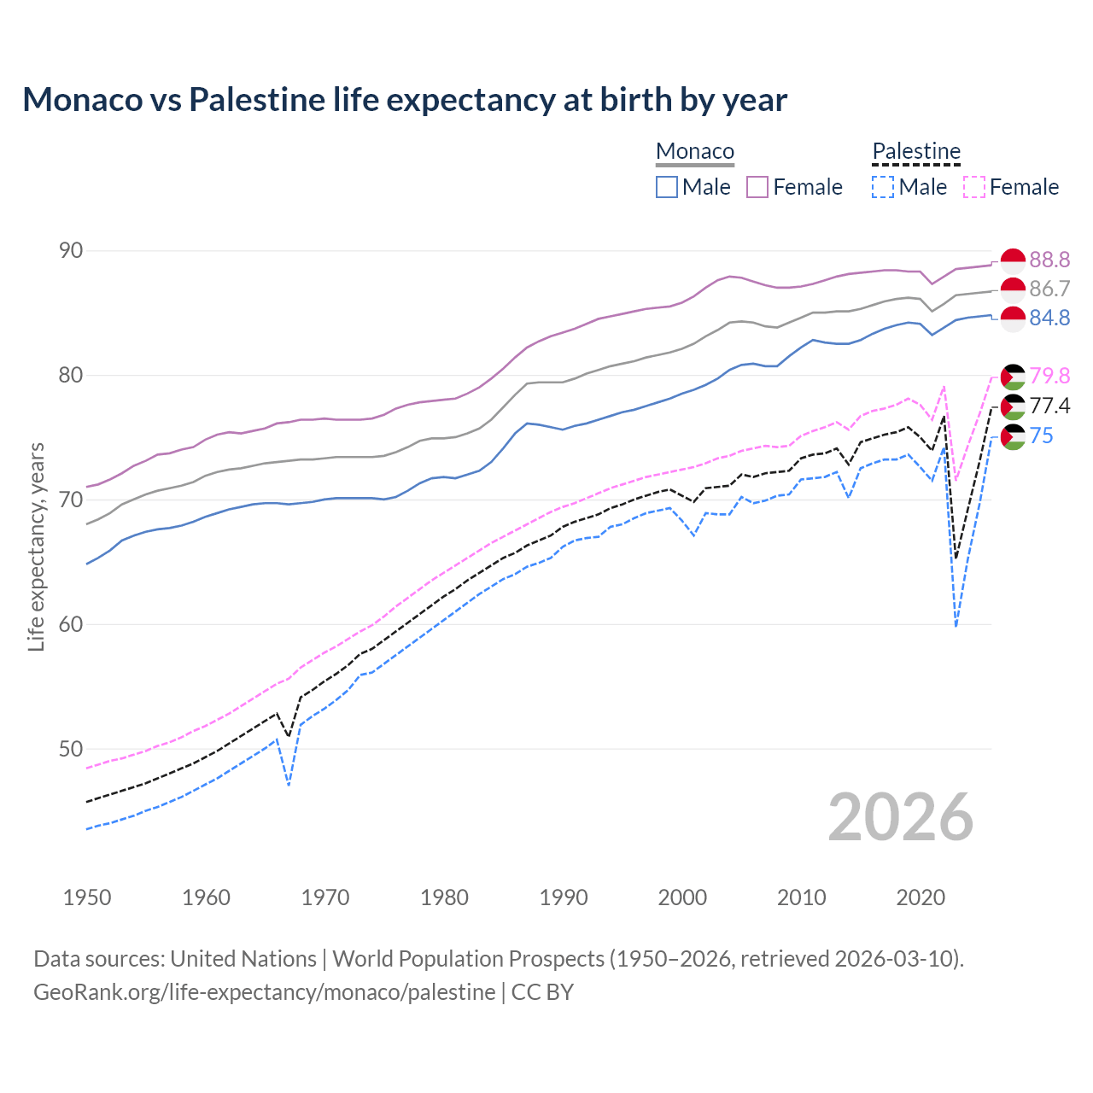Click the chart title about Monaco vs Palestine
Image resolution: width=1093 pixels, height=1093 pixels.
click(x=405, y=100)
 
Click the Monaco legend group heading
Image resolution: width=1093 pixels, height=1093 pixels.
click(x=695, y=151)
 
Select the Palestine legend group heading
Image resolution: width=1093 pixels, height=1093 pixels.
click(x=916, y=151)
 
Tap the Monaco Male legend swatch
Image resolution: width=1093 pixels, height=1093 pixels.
click(x=667, y=187)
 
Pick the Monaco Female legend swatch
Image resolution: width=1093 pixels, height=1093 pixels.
click(x=757, y=187)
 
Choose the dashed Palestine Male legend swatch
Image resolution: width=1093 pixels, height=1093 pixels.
click(x=883, y=187)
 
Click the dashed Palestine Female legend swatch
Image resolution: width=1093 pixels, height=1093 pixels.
click(x=974, y=187)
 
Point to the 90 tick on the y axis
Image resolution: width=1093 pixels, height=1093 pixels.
click(x=71, y=250)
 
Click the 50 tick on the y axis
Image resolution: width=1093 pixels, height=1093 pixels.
click(x=71, y=749)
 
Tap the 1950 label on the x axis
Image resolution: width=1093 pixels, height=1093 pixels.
click(x=87, y=897)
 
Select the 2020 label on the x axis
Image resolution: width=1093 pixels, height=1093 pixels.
click(x=921, y=897)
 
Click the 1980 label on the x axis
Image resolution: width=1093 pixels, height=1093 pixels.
click(x=444, y=897)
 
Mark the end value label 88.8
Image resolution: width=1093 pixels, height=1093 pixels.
click(x=1049, y=260)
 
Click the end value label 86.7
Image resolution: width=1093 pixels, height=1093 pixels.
click(x=1049, y=289)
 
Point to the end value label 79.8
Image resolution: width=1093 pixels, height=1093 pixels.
click(x=1049, y=376)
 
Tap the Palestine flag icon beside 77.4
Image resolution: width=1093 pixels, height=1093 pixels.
click(x=1013, y=406)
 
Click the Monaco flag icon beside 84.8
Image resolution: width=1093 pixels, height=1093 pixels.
click(x=1013, y=319)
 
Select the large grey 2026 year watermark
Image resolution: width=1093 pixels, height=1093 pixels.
click(x=901, y=817)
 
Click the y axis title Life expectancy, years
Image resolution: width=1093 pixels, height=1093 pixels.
click(x=37, y=546)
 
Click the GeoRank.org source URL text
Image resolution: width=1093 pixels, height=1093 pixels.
click(x=264, y=992)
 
